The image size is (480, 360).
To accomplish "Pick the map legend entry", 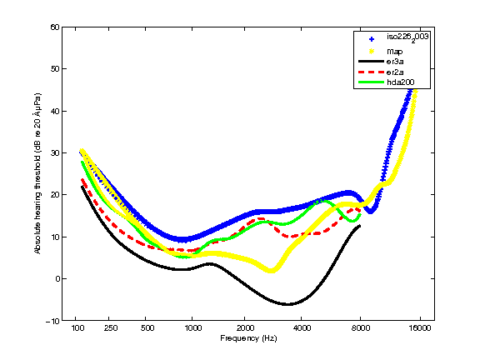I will tap(394, 51).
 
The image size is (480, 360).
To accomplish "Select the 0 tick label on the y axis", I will tap(57, 279).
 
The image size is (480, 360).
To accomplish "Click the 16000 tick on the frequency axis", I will tap(420, 329).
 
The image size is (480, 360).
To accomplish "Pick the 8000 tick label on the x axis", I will tap(360, 329).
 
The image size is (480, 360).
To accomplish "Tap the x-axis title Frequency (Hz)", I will tap(248, 339).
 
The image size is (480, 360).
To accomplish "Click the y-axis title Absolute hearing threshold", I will tap(37, 173).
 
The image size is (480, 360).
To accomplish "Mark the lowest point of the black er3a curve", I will tap(287, 304).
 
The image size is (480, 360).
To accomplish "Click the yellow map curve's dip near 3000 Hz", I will tap(271, 270).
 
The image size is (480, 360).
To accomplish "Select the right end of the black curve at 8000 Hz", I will tap(360, 226).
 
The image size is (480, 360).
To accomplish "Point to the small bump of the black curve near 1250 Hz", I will tap(210, 264).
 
